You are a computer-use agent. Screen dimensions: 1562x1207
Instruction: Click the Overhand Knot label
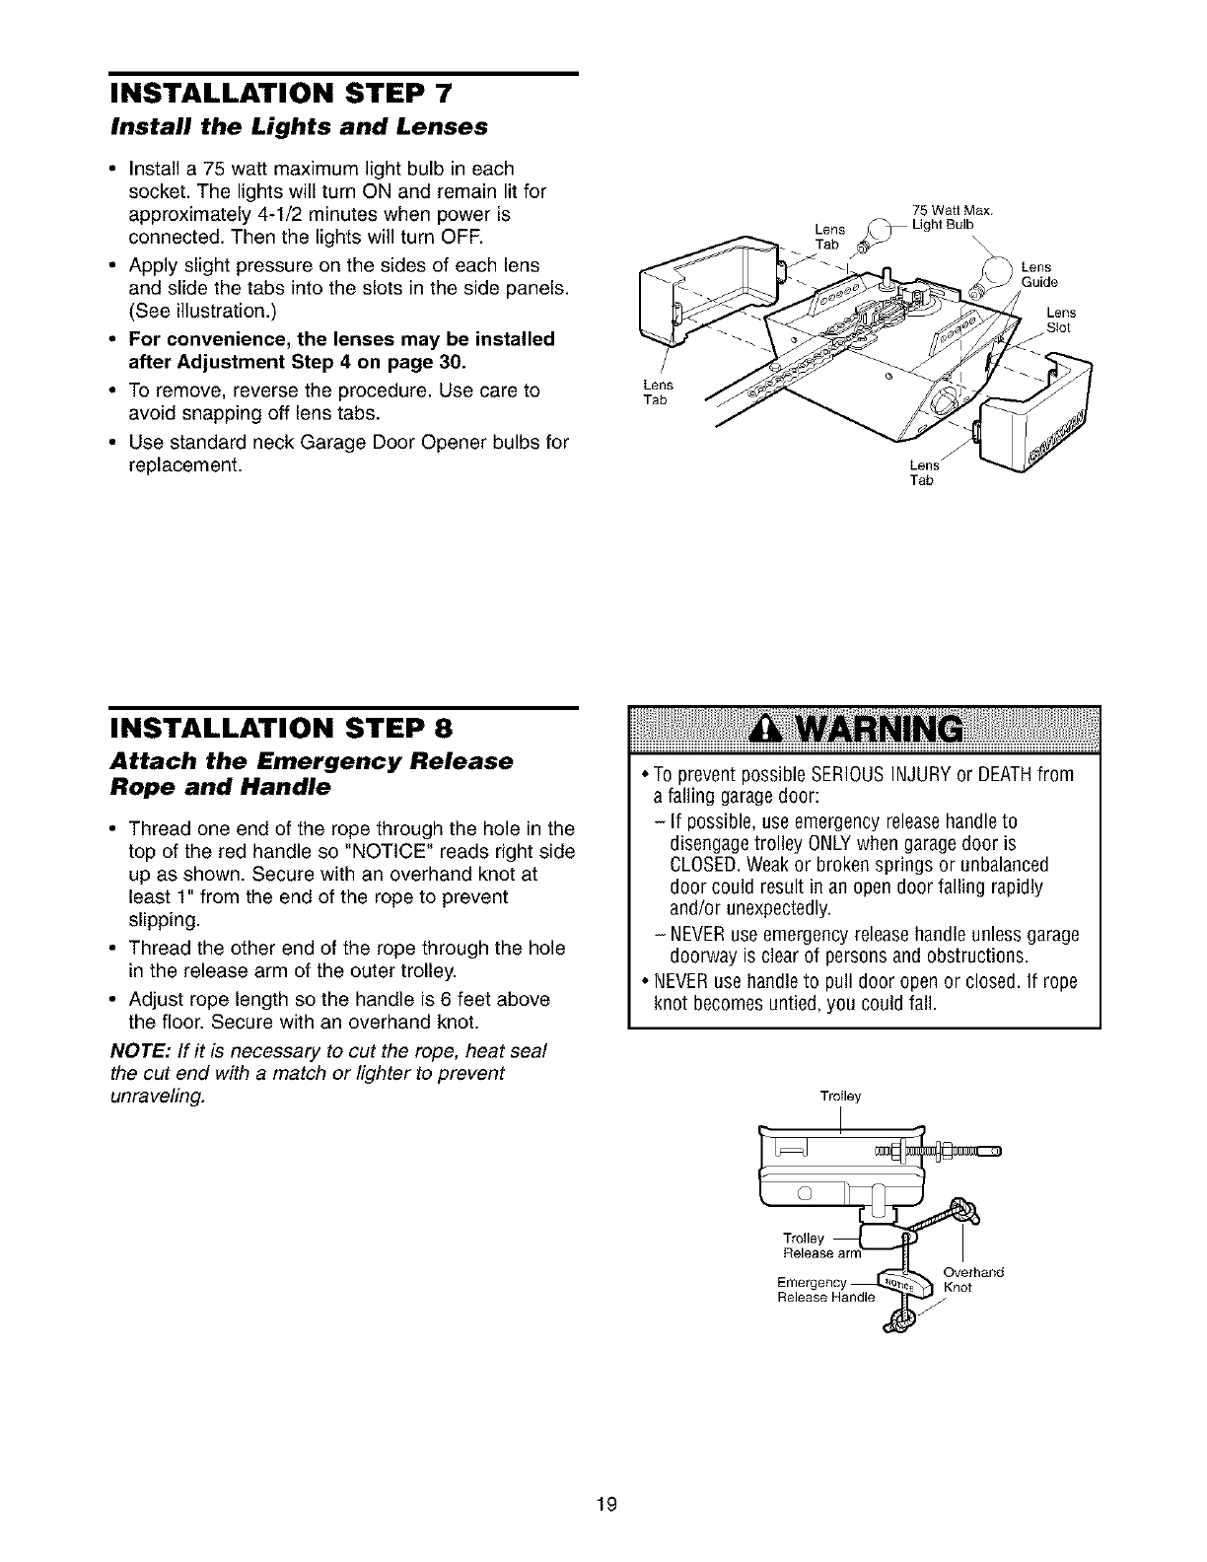971,1279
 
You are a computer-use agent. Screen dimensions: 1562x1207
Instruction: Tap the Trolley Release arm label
818,1245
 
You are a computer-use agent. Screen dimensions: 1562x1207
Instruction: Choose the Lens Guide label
1036,274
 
